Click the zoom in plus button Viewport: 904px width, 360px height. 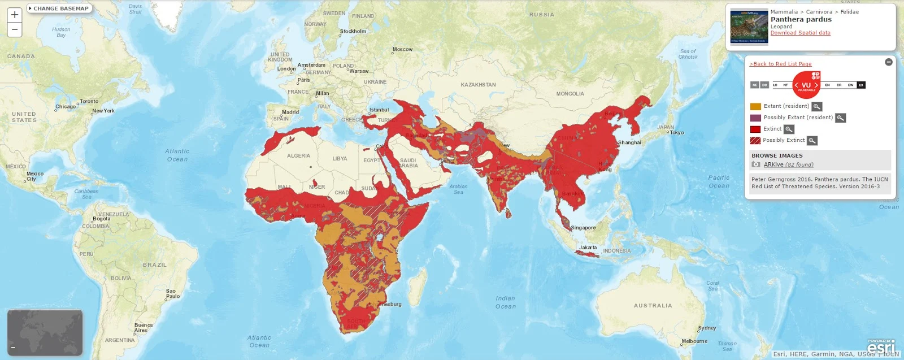(x=15, y=15)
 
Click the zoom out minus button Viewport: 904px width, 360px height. (x=15, y=29)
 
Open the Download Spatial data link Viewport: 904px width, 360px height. (x=800, y=33)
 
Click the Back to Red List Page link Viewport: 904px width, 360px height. (x=780, y=64)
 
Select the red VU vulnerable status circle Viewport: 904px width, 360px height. (x=806, y=85)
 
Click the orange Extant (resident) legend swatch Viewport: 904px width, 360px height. (x=755, y=106)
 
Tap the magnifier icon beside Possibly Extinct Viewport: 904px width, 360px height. (x=812, y=141)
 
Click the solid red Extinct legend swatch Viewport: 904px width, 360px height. (x=755, y=129)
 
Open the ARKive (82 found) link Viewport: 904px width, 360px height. (x=788, y=164)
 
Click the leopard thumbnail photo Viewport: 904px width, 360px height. (x=749, y=26)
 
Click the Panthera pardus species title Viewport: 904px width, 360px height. (x=801, y=19)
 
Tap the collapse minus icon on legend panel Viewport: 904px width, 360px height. (x=889, y=62)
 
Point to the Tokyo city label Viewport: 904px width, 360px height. (x=677, y=133)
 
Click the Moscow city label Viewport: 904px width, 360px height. (x=402, y=49)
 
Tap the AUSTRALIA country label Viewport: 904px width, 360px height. (x=653, y=306)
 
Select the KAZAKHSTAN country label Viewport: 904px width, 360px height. (x=478, y=85)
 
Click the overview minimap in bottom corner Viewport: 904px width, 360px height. (x=45, y=332)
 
